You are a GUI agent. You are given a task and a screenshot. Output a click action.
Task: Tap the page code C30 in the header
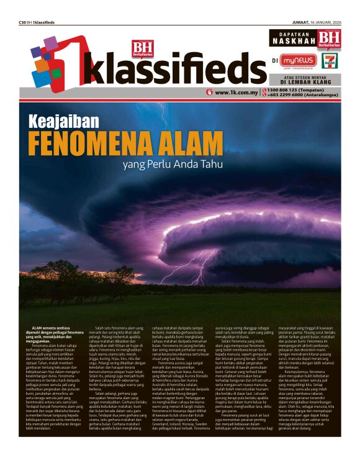click(23, 22)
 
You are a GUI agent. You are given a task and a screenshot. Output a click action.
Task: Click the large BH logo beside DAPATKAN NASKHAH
click(329, 39)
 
